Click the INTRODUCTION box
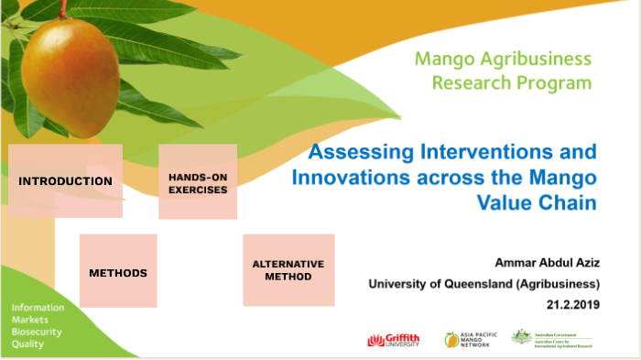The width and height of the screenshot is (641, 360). coord(65,180)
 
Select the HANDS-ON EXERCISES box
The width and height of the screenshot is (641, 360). coord(198,181)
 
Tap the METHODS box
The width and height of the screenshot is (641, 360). coord(118,271)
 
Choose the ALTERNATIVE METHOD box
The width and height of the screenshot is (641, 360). coord(288,269)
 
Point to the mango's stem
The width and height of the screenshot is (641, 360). coord(63,10)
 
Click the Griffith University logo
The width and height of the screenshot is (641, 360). coord(393,339)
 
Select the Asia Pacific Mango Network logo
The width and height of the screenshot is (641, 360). coord(472,339)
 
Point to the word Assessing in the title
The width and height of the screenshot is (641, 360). coord(354,151)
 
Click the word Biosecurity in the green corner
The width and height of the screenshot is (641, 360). coord(37,332)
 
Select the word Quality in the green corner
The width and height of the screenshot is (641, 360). coord(27,344)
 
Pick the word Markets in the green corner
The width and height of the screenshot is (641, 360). coord(30,319)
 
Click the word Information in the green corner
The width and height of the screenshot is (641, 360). coord(38,306)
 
